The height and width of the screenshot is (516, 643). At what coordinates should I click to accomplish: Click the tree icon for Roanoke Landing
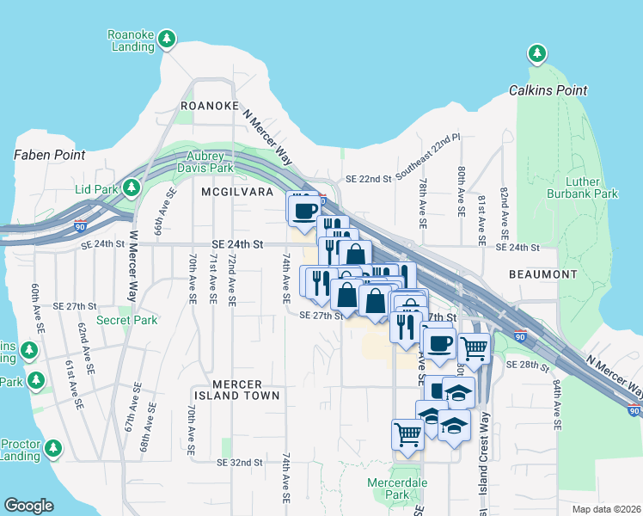click(x=167, y=40)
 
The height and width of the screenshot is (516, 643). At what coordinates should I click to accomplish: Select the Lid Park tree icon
click(x=131, y=187)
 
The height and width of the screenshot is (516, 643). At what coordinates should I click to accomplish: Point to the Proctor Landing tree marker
click(x=53, y=448)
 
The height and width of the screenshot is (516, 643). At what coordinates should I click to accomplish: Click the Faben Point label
click(x=49, y=156)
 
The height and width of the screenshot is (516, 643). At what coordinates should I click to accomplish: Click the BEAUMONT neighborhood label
click(x=542, y=274)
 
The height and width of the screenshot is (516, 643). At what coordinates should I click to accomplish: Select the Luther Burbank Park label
click(x=582, y=187)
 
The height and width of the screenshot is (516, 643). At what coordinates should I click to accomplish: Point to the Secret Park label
click(x=127, y=320)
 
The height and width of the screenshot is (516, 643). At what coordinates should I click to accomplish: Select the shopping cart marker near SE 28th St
click(x=474, y=347)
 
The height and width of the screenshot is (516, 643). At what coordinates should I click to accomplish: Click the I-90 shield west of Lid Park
click(x=80, y=226)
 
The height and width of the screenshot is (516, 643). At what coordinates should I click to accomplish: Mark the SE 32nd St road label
click(x=239, y=463)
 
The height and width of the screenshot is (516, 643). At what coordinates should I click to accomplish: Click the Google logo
click(x=29, y=506)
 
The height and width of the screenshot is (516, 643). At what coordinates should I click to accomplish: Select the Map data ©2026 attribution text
click(x=606, y=509)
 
